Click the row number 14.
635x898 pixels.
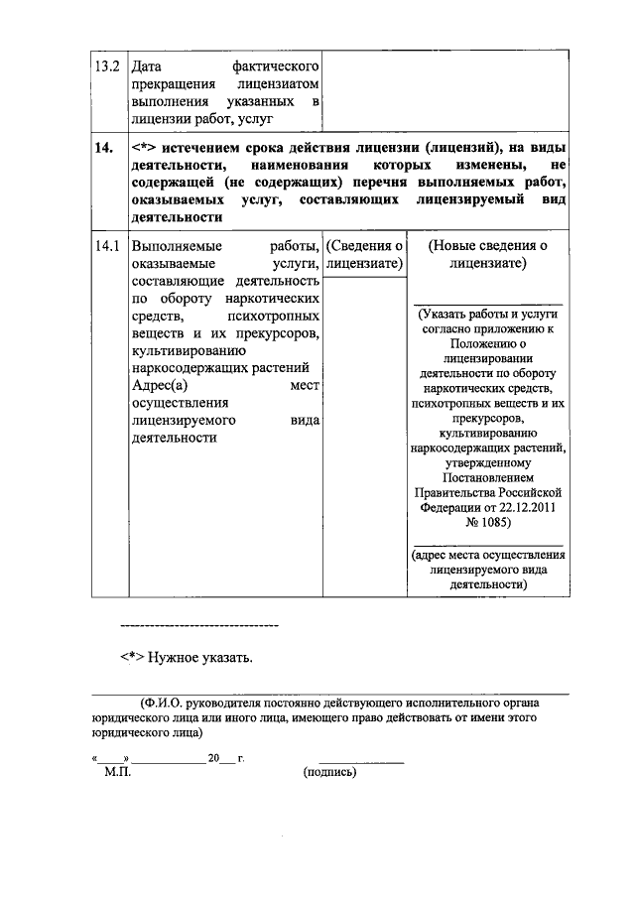pyautogui.click(x=101, y=149)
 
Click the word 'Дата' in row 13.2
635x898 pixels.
pyautogui.click(x=147, y=66)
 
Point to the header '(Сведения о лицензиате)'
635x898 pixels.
pyautogui.click(x=364, y=254)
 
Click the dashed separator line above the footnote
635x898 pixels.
pyautogui.click(x=198, y=625)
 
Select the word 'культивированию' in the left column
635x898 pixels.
pyautogui.click(x=181, y=350)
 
